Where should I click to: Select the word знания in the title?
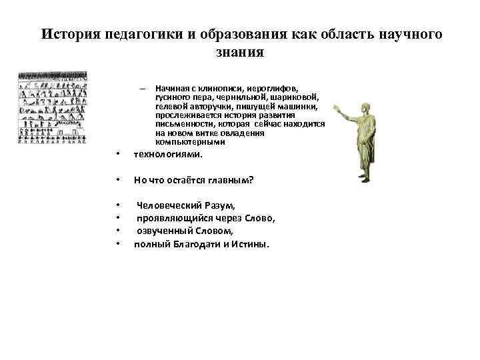[x=239, y=52]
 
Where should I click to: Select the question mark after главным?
[x=251, y=179]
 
